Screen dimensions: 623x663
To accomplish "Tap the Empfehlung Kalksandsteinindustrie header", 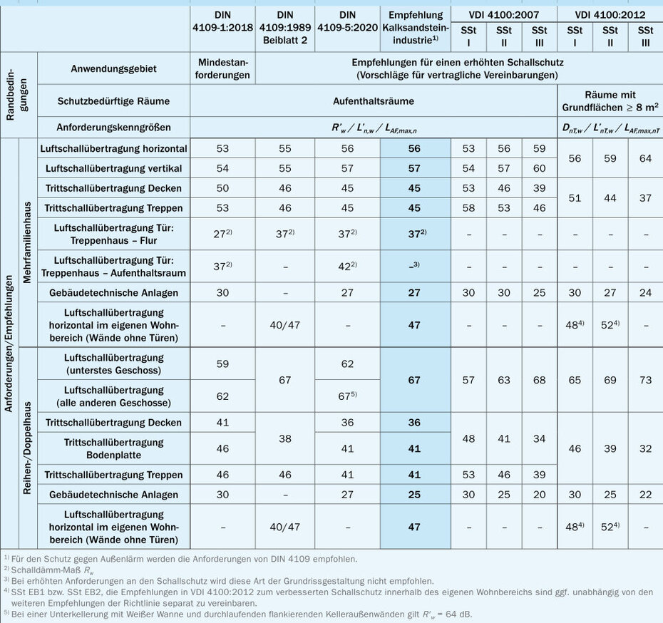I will pyautogui.click(x=416, y=26).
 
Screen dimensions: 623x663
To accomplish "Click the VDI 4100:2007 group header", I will pyautogui.click(x=504, y=13).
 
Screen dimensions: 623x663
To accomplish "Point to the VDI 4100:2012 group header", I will pyautogui.click(x=610, y=13).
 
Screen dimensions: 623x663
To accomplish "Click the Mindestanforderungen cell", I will pyautogui.click(x=222, y=70).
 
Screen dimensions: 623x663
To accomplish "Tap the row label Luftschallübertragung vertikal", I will pyautogui.click(x=115, y=168).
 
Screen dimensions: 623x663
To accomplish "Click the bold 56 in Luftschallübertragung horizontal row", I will pyautogui.click(x=416, y=148).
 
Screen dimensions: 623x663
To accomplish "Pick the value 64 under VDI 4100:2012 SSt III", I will pyautogui.click(x=645, y=158).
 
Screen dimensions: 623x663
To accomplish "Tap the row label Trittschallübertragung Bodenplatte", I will pyautogui.click(x=115, y=449).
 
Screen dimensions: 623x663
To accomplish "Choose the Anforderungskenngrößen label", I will pyautogui.click(x=114, y=128).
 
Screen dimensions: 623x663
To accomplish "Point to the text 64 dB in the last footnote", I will pyautogui.click(x=456, y=614).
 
